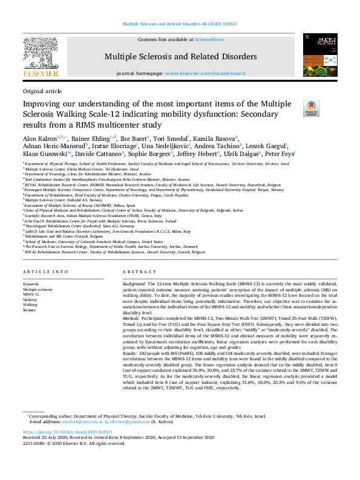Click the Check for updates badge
point(311,108)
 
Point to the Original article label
point(42,91)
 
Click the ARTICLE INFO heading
point(45,272)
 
